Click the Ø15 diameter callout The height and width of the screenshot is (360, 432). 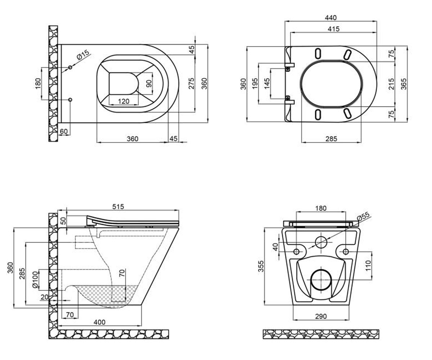pos(84,55)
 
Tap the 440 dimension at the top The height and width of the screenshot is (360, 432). pos(330,18)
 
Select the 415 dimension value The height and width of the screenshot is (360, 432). pos(333,29)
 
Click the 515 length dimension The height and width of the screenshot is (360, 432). pos(118,207)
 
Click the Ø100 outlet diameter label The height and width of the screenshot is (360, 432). pos(35,280)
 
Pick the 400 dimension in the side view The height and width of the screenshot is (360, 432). pos(99,322)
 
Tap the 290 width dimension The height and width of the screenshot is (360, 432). pos(321,316)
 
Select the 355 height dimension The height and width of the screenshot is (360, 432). pos(261,266)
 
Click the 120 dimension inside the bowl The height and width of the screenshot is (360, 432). pos(123,102)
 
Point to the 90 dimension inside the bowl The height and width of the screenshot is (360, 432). pos(149,84)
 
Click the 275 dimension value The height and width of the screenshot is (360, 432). pos(192,84)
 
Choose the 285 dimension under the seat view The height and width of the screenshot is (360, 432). pos(331,139)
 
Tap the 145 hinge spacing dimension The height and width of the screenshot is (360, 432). pos(267,84)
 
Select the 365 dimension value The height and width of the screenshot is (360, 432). pos(404,84)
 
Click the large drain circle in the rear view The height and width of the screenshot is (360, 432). pos(321,280)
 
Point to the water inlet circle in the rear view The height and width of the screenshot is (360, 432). pos(321,242)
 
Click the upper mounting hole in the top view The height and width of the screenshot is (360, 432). pos(70,67)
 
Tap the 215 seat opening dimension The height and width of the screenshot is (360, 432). pos(391,84)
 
